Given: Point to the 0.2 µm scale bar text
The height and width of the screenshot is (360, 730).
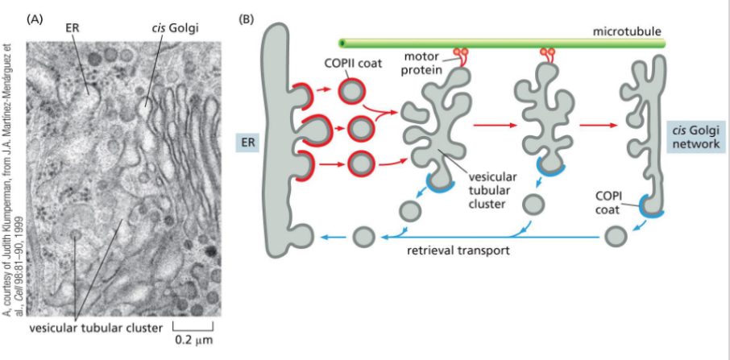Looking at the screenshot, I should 193,340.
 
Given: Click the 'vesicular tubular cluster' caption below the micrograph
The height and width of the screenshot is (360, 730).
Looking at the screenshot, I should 95,328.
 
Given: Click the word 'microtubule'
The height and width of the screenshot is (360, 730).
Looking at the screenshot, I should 627,31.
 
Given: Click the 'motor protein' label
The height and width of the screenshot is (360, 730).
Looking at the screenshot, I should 422,62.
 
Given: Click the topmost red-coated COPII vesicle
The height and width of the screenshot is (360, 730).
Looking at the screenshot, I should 353,91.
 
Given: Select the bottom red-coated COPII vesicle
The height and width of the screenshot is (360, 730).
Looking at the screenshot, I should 359,164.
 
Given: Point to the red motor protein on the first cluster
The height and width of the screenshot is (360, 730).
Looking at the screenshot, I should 461,56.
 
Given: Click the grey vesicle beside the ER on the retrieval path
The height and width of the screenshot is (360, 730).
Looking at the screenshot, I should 363,238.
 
